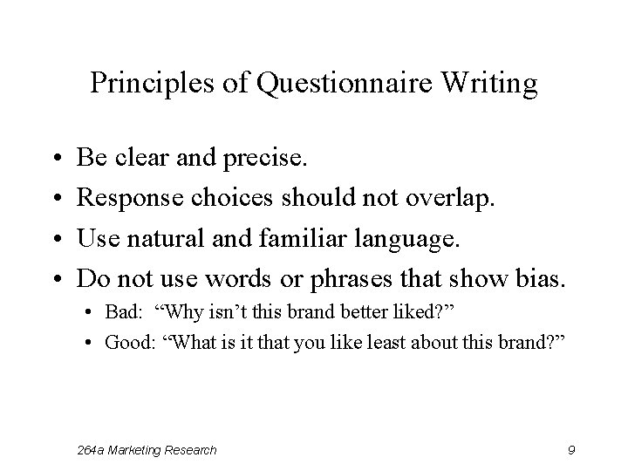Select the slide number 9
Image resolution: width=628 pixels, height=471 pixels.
[x=570, y=450]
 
